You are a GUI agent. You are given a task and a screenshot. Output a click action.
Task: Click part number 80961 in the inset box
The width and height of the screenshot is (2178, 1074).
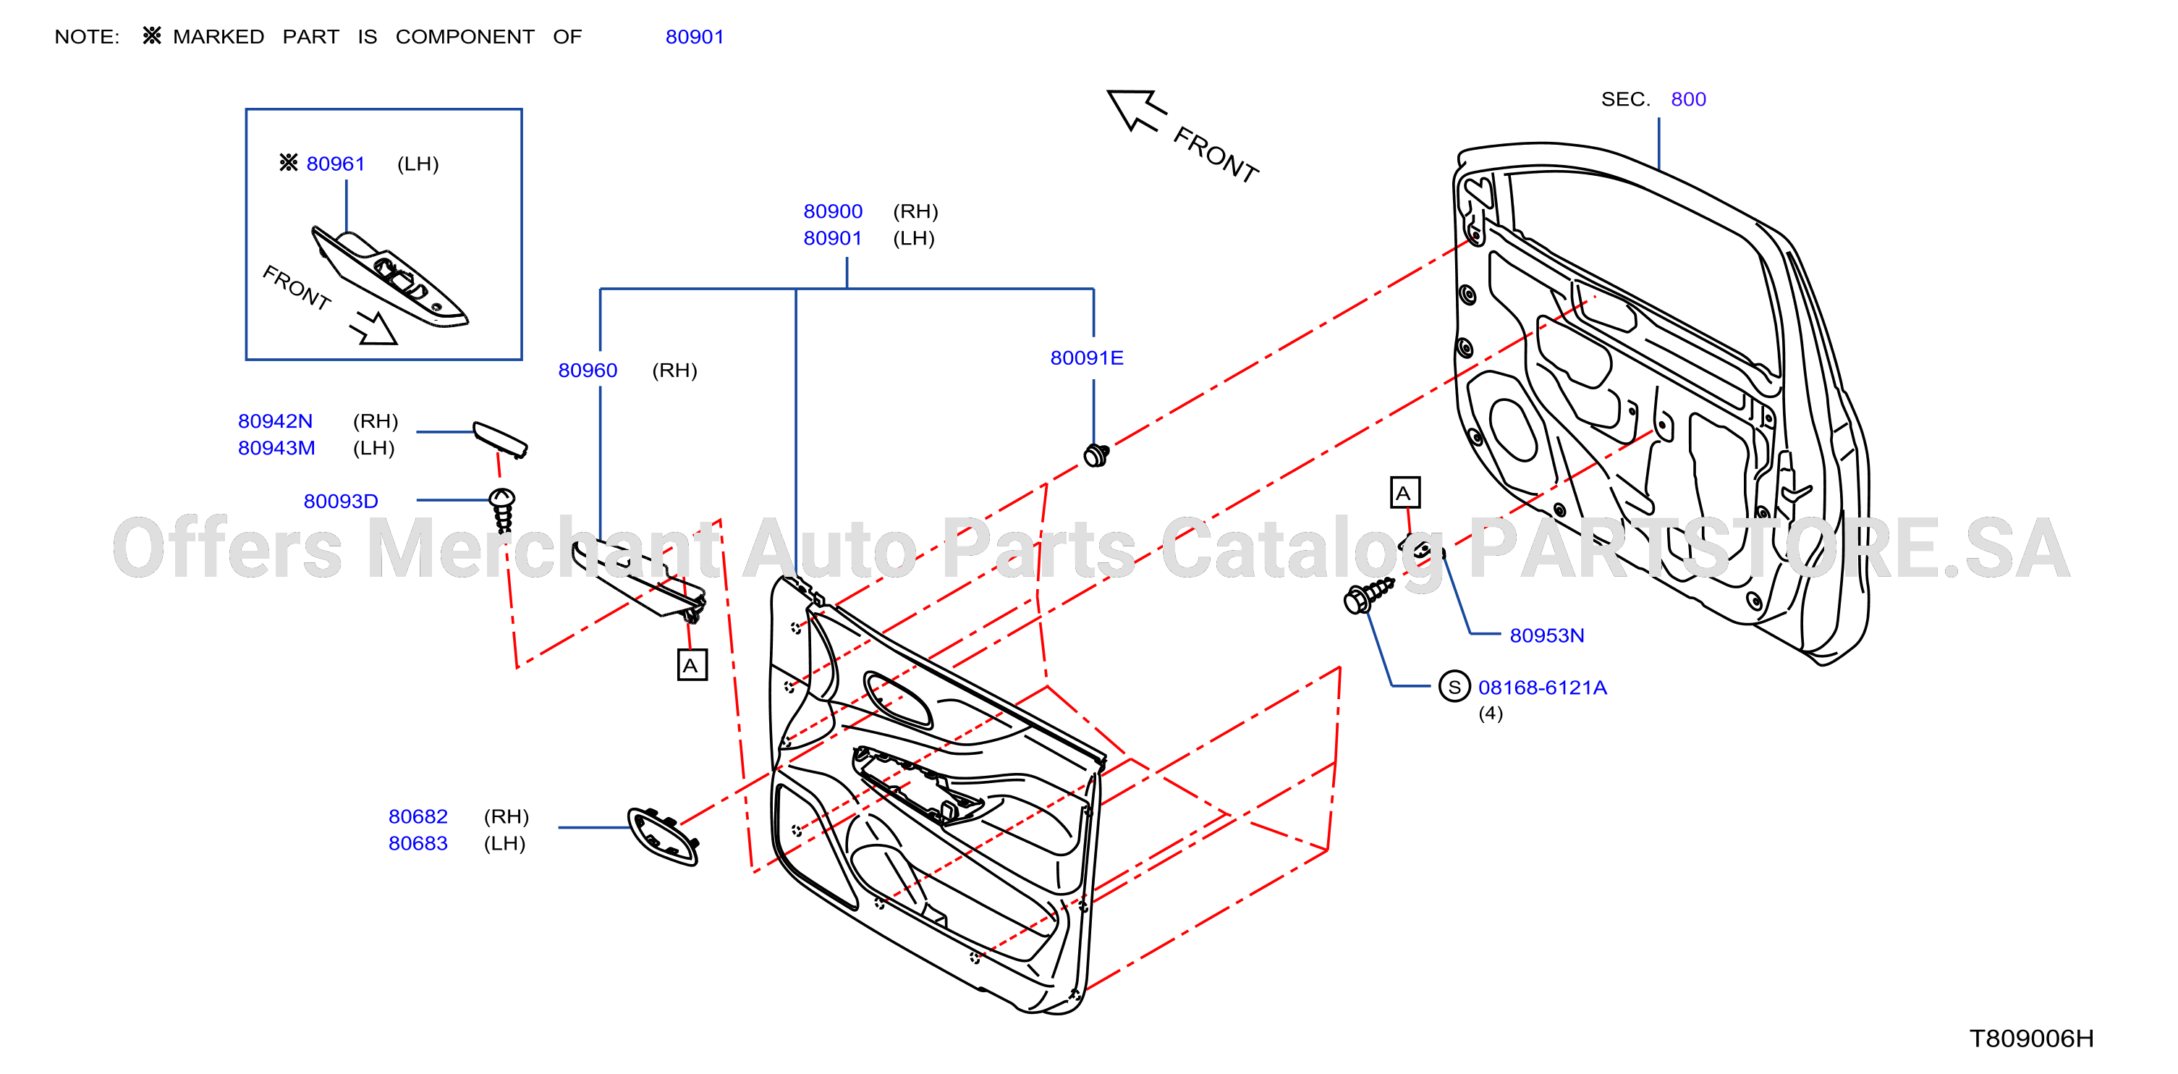tap(336, 164)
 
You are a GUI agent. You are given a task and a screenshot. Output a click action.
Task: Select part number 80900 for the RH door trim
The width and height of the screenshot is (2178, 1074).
tap(833, 211)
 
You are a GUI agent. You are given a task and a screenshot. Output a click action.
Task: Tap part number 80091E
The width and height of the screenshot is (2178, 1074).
tap(1086, 358)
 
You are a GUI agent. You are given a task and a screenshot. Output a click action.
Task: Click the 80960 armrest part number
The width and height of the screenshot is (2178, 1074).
tap(588, 370)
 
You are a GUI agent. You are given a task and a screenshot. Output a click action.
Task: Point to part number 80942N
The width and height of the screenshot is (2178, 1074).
tap(275, 420)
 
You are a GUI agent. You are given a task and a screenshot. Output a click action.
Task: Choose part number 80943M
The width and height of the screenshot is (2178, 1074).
tap(276, 447)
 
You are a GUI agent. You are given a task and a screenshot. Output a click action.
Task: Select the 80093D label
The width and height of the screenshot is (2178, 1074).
tap(341, 501)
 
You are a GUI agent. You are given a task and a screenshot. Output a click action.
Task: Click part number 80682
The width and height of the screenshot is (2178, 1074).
tap(418, 816)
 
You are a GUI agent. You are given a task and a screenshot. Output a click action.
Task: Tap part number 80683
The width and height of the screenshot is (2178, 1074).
tap(418, 843)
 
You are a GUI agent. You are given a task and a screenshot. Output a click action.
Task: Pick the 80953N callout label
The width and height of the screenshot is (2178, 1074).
tap(1546, 635)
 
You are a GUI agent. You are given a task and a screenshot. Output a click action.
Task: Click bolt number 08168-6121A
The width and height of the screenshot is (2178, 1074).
tap(1542, 688)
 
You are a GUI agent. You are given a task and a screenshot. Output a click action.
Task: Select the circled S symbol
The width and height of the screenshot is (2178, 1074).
tap(1454, 687)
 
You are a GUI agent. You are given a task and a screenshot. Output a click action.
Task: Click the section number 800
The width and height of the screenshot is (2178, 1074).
tap(1688, 99)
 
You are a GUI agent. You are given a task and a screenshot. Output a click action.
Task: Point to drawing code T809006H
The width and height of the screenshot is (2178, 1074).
tap(2032, 1038)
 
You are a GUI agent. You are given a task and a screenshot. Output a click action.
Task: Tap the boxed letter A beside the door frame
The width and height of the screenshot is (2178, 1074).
tap(1405, 492)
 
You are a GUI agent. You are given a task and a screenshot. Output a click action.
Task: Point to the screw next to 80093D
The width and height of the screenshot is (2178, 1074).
tap(502, 509)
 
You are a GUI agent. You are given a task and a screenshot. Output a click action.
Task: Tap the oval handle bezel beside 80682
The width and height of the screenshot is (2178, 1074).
tap(664, 837)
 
